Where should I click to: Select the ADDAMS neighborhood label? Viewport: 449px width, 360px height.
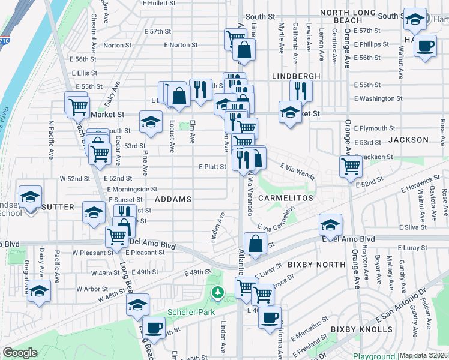click(173, 199)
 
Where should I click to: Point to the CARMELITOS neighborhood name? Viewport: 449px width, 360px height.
click(286, 197)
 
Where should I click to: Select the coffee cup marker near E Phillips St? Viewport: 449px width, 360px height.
click(426, 46)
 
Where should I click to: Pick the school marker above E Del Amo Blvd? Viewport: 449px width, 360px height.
click(330, 224)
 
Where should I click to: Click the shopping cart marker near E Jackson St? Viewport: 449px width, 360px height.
click(351, 166)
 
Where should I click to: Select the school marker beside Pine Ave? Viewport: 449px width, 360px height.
click(151, 122)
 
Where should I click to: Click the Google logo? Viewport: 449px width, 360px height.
click(20, 353)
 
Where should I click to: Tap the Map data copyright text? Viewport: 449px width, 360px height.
click(424, 355)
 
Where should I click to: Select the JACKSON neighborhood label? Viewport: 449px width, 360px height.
click(408, 140)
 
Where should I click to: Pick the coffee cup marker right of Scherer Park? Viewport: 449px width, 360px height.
click(270, 316)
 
